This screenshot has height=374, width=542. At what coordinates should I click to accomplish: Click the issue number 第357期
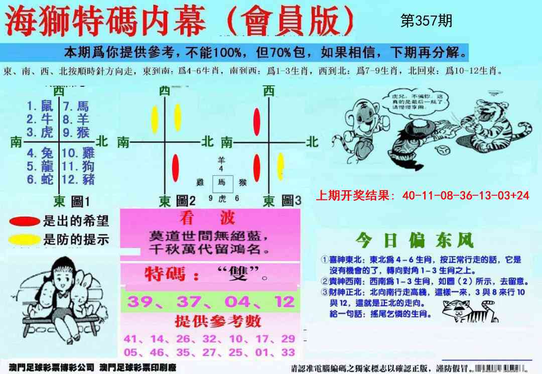click(x=427, y=21)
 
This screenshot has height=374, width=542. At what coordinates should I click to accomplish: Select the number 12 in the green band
click(x=285, y=302)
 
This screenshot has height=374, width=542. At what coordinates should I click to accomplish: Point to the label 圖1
click(x=80, y=202)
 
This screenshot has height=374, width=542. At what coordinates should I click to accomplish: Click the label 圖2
click(x=185, y=202)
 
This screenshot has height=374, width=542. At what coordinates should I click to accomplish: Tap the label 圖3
click(x=291, y=202)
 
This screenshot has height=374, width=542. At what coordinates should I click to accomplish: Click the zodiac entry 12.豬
click(x=78, y=179)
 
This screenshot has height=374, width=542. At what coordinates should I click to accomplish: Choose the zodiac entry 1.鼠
click(x=40, y=106)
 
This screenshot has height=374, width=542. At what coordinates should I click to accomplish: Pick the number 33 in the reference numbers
click(x=288, y=352)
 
